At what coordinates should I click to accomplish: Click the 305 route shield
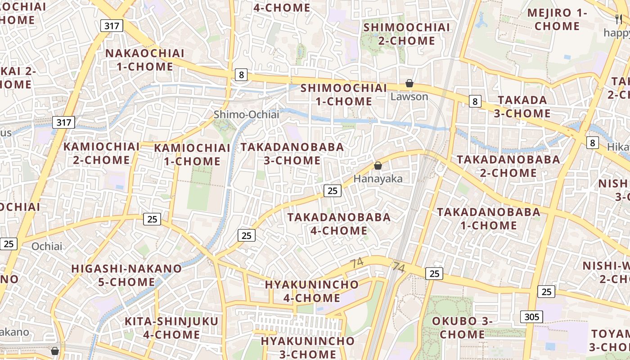[x=531, y=317]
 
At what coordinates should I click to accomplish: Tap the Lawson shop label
[x=409, y=97]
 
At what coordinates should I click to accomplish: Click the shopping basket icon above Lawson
[x=409, y=83]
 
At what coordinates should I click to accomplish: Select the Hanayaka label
[x=378, y=179]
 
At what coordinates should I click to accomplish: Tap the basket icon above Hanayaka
[x=378, y=166]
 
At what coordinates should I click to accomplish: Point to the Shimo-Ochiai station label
[x=246, y=115]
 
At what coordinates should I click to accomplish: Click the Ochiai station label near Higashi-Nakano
[x=47, y=246]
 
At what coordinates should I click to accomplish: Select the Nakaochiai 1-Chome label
[x=145, y=60]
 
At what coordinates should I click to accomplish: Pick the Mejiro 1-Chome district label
[x=557, y=19]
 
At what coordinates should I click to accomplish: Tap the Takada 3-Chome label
[x=522, y=107]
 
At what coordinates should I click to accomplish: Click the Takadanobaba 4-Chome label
[x=339, y=224]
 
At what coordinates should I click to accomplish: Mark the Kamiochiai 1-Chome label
[x=192, y=154]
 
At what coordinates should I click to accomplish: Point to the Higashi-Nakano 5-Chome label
[x=126, y=275]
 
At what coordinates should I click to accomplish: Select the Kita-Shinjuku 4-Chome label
[x=171, y=328]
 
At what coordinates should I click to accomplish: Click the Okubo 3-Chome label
[x=462, y=328]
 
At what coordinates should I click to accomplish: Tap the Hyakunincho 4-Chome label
[x=312, y=291]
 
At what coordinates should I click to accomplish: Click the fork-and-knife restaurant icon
[x=619, y=19]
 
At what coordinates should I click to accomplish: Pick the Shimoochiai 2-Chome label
[x=406, y=34]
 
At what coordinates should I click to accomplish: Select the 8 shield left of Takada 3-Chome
[x=475, y=101]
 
